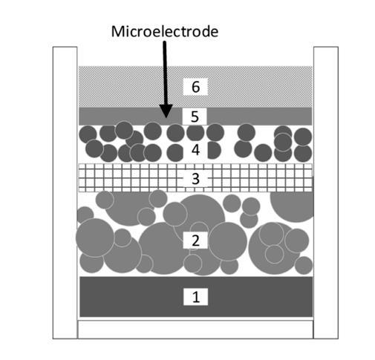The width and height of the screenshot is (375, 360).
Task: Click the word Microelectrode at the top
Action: coord(165,32)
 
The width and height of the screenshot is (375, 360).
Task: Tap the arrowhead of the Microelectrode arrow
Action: coord(166,111)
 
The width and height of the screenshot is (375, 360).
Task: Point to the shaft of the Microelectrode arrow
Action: coord(165,73)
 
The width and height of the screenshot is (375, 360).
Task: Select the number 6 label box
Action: coord(195,87)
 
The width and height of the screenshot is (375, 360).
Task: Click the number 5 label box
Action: coord(195,117)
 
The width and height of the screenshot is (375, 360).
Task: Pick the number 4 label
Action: coord(195,150)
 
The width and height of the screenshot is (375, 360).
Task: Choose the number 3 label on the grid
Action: coord(195,179)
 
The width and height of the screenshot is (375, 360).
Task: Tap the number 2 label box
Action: coord(195,240)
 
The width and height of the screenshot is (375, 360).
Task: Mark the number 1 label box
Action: coord(195,297)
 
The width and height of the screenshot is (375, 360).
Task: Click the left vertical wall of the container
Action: coord(65,192)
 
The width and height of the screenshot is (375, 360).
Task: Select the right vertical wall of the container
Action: coord(326,192)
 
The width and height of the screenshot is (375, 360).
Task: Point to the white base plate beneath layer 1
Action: coord(195,330)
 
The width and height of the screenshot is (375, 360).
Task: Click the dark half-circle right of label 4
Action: coord(214,150)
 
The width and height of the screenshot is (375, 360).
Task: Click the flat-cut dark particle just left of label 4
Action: coord(175,152)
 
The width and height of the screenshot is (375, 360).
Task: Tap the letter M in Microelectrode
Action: coord(118,32)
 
